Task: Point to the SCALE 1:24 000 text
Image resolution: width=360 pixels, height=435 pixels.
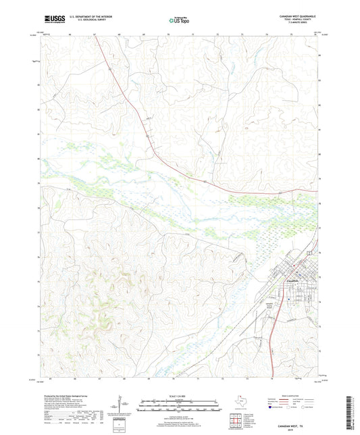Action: [x=180, y=395]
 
